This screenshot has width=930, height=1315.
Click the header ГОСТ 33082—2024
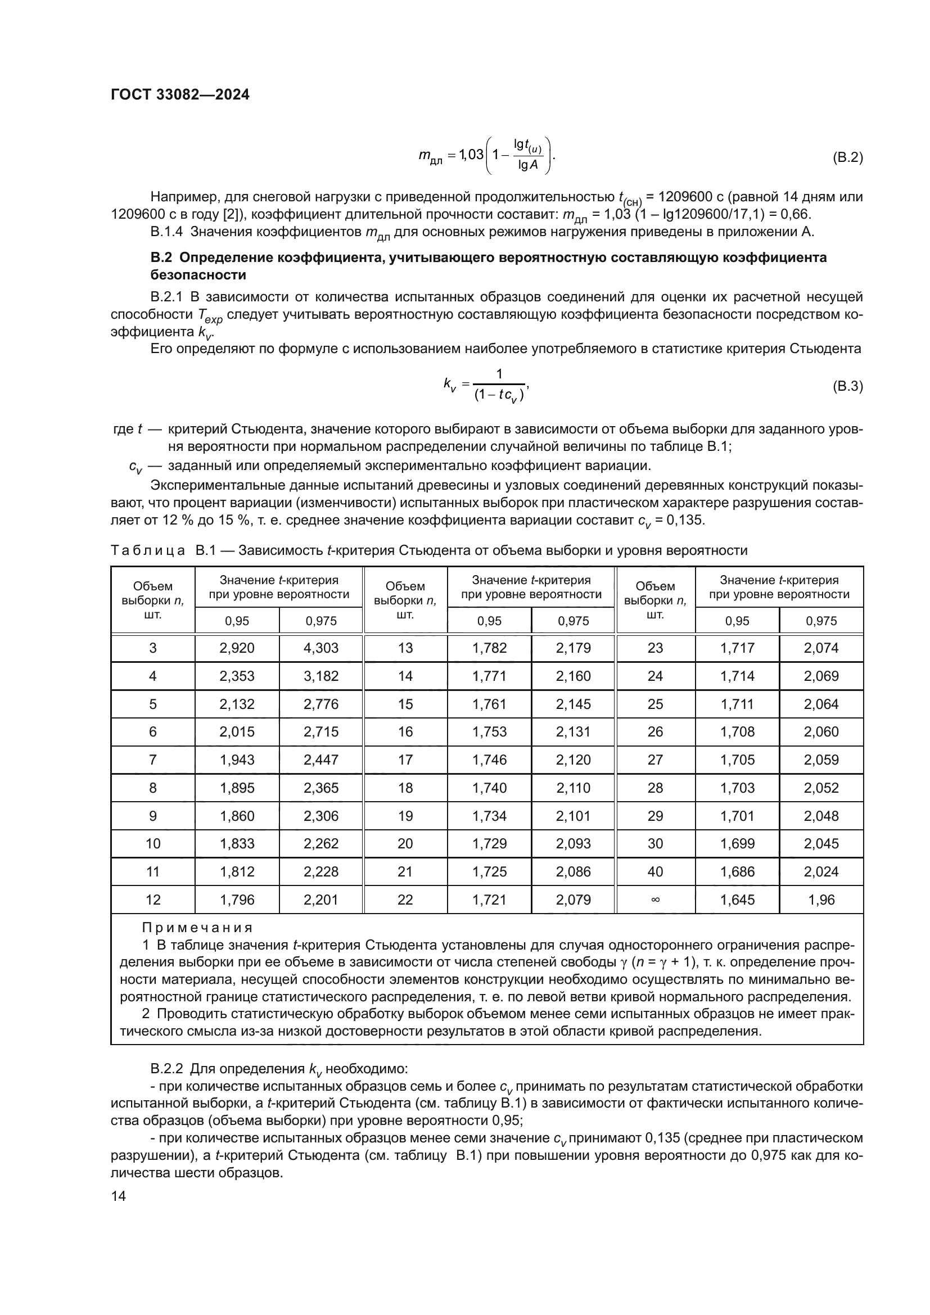pos(180,95)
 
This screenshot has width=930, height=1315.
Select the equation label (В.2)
pos(847,157)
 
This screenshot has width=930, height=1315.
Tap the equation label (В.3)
pos(847,386)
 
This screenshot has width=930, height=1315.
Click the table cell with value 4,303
pos(320,648)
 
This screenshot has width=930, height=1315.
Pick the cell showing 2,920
pos(237,648)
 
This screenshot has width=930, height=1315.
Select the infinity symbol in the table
pos(655,900)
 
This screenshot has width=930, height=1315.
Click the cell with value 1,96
pos(821,900)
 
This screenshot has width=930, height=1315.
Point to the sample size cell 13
pos(405,648)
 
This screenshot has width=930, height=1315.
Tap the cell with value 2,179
pos(573,648)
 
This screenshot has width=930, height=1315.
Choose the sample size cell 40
pos(655,872)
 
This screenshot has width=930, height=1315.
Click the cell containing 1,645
pos(737,900)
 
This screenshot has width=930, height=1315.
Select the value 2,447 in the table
pos(320,760)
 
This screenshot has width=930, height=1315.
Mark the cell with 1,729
pos(489,844)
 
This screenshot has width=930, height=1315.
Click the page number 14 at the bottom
pos(119,1196)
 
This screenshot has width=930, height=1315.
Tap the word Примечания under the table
pos(197,928)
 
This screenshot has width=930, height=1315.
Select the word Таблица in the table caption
pos(148,551)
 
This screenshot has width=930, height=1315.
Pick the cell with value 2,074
pos(821,648)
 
